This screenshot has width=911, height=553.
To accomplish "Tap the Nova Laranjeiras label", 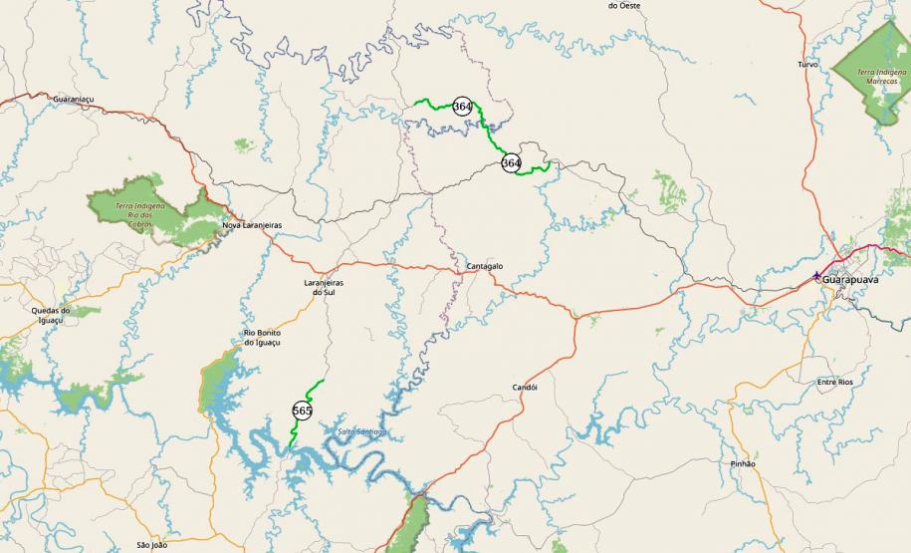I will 252,225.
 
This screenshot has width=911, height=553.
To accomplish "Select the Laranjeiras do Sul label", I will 323,287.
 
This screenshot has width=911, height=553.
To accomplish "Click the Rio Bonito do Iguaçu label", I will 262,337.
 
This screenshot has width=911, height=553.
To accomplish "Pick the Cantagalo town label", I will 485,267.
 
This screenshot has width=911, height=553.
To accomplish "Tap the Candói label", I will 525,388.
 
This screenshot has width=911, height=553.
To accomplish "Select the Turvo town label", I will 807,64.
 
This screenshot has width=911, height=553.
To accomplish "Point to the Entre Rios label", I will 834,382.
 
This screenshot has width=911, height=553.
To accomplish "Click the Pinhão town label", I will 743,464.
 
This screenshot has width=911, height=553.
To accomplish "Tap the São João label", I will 152,545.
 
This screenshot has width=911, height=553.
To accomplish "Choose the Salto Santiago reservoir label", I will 361,431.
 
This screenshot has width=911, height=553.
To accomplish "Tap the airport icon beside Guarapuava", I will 817,276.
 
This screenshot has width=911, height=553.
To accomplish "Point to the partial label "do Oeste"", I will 624,5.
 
